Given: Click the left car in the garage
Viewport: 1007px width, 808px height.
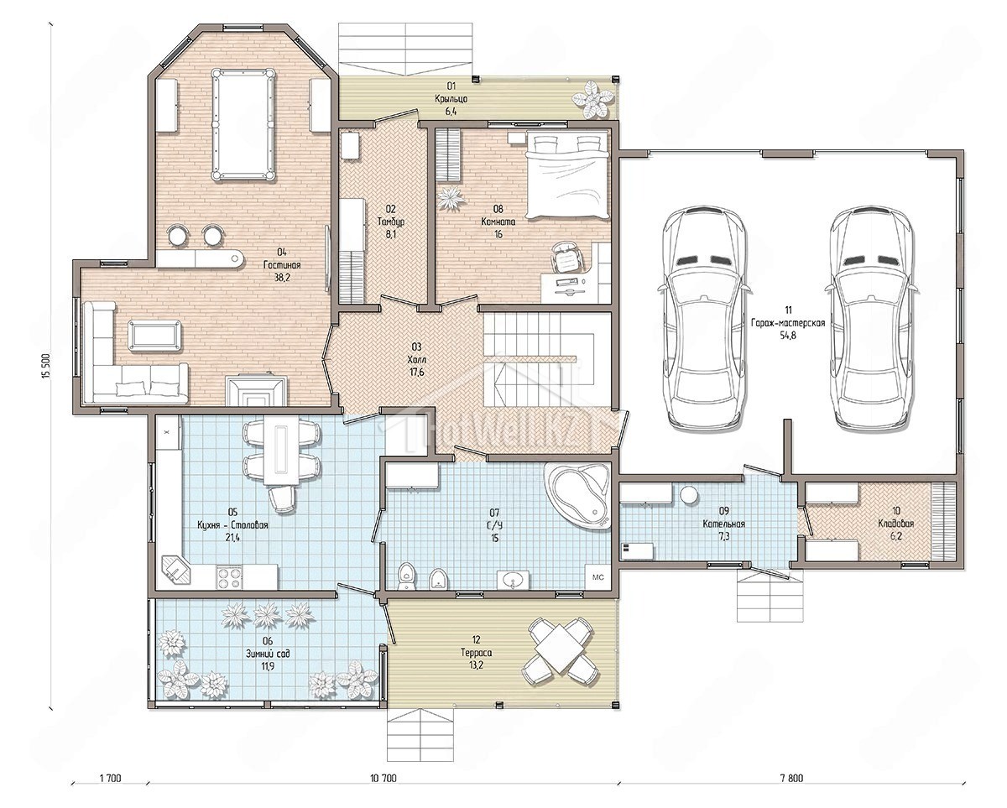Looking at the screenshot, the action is pyautogui.click(x=705, y=319).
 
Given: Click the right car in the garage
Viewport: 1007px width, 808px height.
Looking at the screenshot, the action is pyautogui.click(x=873, y=319).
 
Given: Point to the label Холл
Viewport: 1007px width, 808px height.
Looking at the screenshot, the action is pyautogui.click(x=416, y=359).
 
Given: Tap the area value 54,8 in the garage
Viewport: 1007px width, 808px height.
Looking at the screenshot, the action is pyautogui.click(x=788, y=335).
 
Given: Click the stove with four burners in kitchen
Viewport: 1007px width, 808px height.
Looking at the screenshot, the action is pyautogui.click(x=229, y=577).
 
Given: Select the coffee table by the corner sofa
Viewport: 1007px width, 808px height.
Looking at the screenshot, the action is pyautogui.click(x=154, y=335).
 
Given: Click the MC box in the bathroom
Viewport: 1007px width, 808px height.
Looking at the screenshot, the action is pyautogui.click(x=598, y=577).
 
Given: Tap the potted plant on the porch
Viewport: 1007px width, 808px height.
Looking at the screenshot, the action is pyautogui.click(x=592, y=99).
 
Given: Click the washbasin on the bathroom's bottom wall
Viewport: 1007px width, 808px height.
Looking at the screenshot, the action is pyautogui.click(x=514, y=581).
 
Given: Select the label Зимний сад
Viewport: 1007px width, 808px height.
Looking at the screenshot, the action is pyautogui.click(x=268, y=653).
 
